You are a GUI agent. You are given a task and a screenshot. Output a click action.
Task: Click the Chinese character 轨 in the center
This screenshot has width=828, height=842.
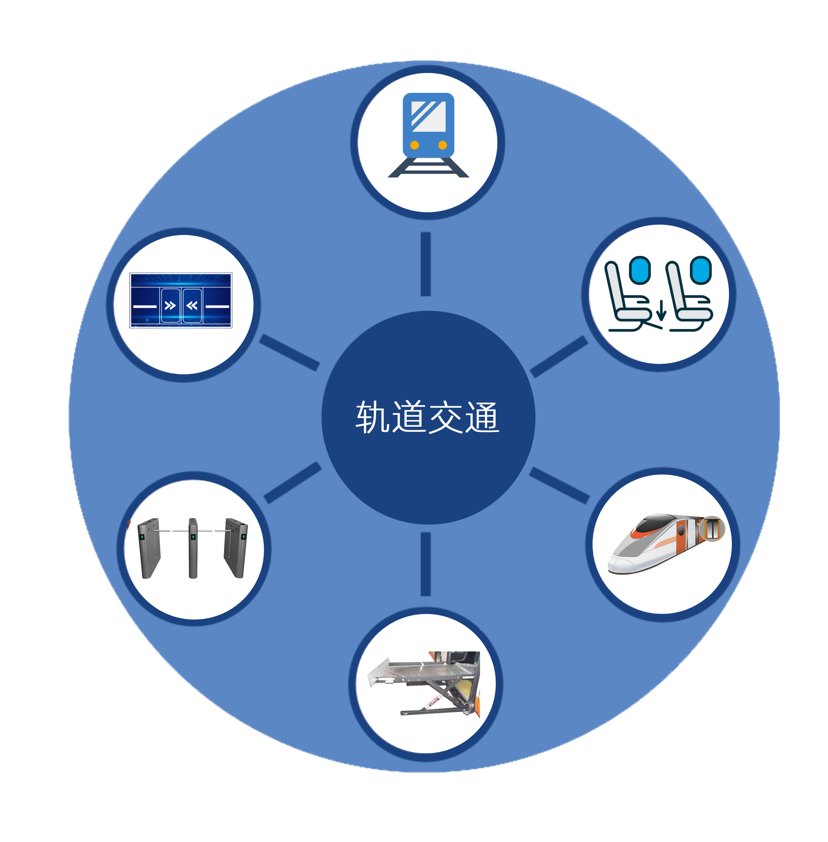[x=373, y=417]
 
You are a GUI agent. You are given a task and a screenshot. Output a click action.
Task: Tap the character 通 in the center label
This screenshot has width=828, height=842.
[x=482, y=417]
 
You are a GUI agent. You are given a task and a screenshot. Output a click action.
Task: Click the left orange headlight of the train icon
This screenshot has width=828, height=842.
[x=415, y=145]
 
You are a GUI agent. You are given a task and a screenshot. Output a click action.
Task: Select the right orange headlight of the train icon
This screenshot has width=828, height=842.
[x=442, y=145]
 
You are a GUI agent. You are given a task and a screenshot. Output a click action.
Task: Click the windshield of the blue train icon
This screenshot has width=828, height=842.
[x=428, y=116]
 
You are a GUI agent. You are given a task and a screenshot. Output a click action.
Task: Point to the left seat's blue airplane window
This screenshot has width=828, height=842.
[x=640, y=270]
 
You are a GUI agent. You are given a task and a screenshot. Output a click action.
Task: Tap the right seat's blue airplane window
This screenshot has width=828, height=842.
[x=700, y=270]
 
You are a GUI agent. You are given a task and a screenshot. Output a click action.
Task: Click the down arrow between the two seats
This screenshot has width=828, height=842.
[x=662, y=310]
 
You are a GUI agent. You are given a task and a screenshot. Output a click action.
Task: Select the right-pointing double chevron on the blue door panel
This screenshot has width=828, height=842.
[x=170, y=306]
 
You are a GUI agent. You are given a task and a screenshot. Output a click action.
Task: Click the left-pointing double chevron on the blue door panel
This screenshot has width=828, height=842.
[x=192, y=306]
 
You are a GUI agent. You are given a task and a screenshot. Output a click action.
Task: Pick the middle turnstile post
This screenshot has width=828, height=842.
[x=193, y=548]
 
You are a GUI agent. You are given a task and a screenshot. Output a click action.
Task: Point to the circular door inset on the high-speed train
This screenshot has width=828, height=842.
[x=712, y=528]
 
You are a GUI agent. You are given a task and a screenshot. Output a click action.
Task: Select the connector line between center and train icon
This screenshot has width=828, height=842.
[x=426, y=264]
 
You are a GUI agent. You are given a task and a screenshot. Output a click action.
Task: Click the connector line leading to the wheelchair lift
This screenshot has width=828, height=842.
[x=426, y=564]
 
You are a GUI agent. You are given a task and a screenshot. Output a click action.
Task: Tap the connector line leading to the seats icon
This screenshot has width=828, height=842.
[x=559, y=356]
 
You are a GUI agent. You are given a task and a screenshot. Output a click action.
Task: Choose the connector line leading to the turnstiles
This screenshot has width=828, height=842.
[x=293, y=483]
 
